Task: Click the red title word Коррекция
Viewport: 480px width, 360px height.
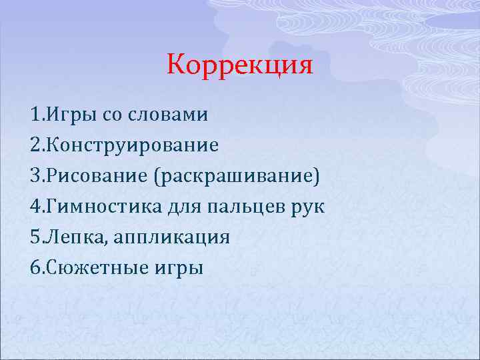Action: (x=239, y=65)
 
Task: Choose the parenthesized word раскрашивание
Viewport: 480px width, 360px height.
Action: (x=237, y=176)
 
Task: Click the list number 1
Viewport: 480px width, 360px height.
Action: (x=35, y=115)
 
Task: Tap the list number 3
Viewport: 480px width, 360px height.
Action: (x=35, y=176)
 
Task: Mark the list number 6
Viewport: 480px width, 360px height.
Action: (x=35, y=268)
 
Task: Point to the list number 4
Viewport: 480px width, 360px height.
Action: (x=35, y=207)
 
